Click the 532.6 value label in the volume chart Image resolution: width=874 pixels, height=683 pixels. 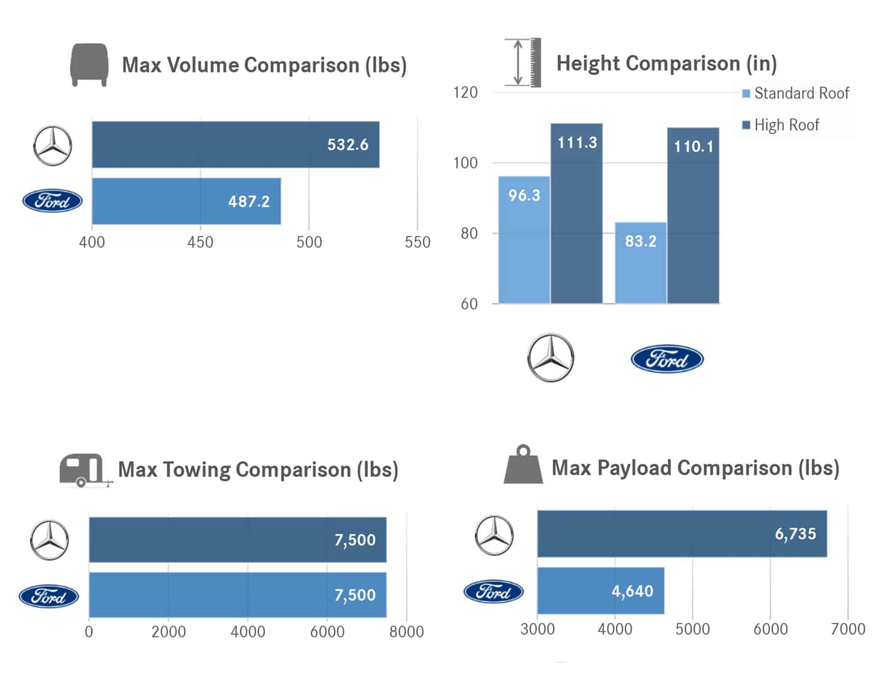click(347, 145)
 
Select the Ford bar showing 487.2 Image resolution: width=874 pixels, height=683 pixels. click(186, 201)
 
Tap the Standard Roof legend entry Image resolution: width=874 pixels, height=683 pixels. click(796, 94)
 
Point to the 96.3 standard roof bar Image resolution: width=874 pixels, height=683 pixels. click(524, 240)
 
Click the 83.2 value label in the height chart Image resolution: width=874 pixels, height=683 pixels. click(640, 242)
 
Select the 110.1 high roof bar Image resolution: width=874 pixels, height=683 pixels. click(693, 215)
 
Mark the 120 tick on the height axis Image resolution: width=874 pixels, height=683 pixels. click(465, 93)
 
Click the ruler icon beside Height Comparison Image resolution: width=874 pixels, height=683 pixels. click(523, 62)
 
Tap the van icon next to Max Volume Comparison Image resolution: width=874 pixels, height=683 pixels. click(89, 65)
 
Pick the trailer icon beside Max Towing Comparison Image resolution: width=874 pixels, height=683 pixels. click(85, 471)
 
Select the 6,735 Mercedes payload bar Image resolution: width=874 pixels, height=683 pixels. click(682, 534)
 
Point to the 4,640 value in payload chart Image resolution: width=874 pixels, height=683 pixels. click(632, 591)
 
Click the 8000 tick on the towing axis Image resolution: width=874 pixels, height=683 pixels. click(406, 632)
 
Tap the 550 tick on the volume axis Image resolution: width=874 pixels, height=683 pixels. click(417, 242)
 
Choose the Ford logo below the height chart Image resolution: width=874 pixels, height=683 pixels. click(667, 359)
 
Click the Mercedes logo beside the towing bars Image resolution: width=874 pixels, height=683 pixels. click(49, 540)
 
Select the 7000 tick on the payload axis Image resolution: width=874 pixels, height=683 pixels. click(847, 629)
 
